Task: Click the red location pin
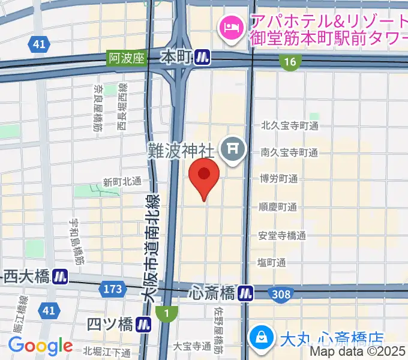(x=204, y=175)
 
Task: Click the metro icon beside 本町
(x=203, y=58)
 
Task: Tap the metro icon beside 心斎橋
(x=244, y=293)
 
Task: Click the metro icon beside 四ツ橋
(x=143, y=325)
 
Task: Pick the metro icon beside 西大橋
(x=59, y=277)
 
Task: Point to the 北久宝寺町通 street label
(x=289, y=126)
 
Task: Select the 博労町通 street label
(x=278, y=179)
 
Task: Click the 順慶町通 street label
(x=278, y=208)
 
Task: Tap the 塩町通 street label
(x=271, y=262)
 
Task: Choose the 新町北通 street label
(x=122, y=181)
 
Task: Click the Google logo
(x=40, y=346)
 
